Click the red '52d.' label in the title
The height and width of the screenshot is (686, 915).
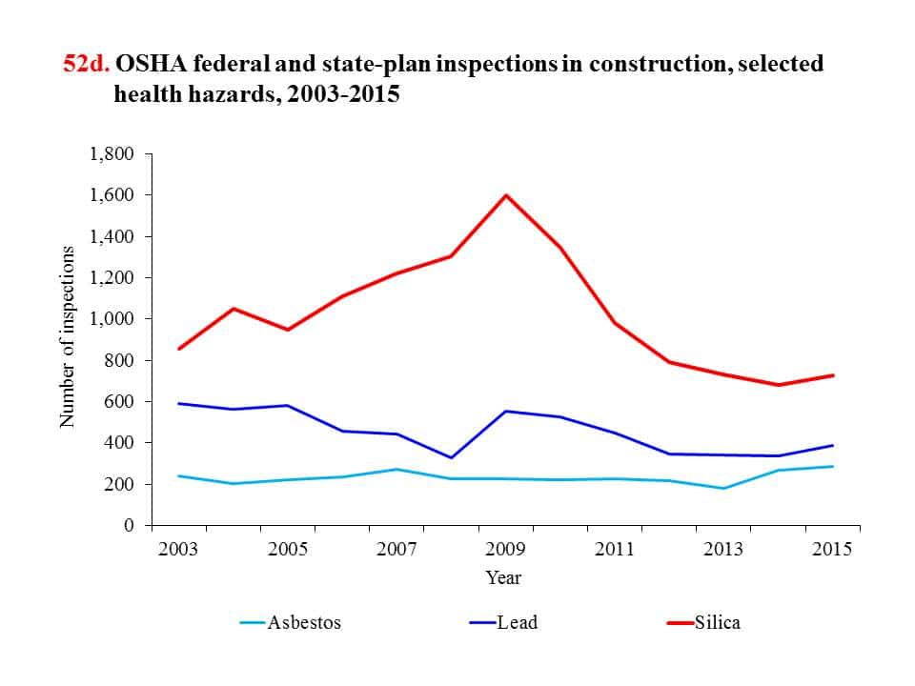click(87, 66)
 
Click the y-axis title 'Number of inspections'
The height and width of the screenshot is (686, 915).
click(68, 337)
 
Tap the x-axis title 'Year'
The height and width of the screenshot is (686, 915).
click(503, 578)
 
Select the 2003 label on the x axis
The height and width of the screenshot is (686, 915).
click(178, 551)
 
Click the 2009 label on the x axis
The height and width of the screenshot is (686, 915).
click(505, 551)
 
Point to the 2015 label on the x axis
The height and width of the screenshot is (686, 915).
click(832, 551)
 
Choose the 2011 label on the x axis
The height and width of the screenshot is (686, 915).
click(615, 551)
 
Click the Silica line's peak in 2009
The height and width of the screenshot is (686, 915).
click(505, 195)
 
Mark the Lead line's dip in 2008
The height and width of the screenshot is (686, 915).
click(451, 458)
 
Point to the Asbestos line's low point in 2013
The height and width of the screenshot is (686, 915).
click(723, 488)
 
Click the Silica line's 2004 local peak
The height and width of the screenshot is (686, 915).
click(233, 309)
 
